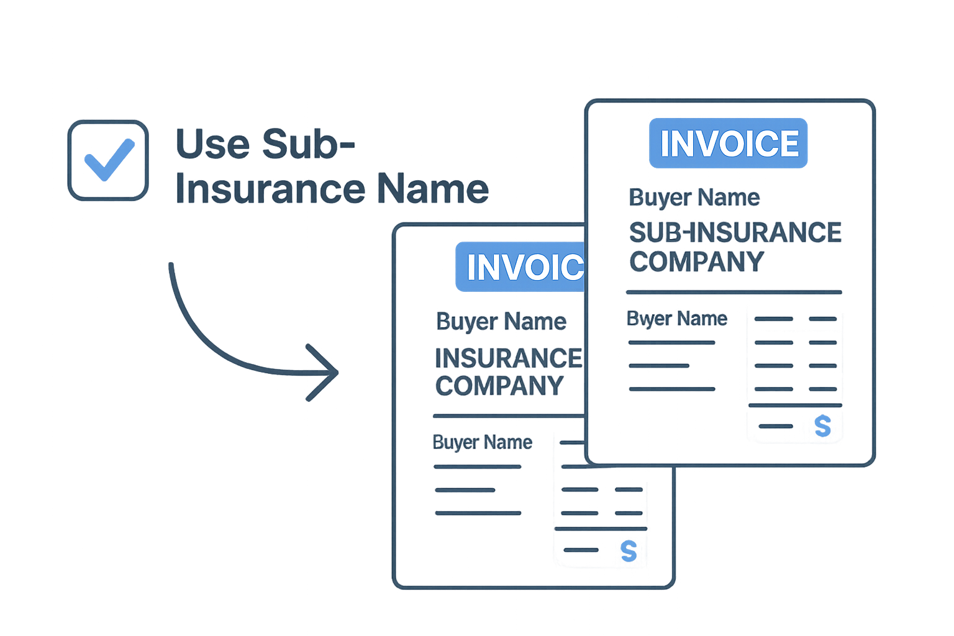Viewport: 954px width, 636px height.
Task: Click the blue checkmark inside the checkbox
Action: click(x=109, y=160)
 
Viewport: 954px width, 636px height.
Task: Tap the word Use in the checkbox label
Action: click(x=212, y=144)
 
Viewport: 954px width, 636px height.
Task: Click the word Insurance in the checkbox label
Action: click(x=270, y=189)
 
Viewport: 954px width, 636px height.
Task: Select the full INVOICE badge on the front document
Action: click(x=729, y=143)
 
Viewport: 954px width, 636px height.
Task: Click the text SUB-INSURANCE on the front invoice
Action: click(x=735, y=233)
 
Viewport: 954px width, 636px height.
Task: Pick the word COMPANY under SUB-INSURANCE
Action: click(x=696, y=262)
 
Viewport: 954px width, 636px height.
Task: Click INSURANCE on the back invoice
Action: click(x=508, y=358)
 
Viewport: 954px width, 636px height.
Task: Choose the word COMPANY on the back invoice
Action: click(x=499, y=386)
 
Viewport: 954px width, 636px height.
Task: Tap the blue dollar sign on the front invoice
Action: click(x=822, y=427)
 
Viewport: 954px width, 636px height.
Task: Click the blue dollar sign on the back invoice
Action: click(x=629, y=551)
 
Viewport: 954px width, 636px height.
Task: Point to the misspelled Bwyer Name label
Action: click(x=677, y=319)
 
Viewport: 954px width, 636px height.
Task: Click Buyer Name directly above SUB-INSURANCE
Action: click(x=694, y=198)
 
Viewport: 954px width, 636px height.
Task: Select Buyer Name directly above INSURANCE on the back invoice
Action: click(x=501, y=322)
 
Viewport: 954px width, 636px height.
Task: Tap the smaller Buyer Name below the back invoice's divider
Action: click(x=483, y=442)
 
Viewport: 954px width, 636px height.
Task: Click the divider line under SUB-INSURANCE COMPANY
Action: click(x=734, y=291)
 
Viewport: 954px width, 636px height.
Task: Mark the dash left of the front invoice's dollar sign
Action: click(x=776, y=426)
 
